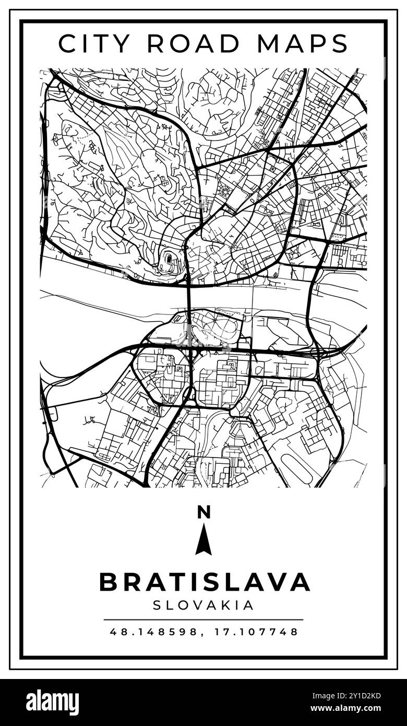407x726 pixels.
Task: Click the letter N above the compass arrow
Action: point(203,512)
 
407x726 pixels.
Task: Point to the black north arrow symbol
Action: point(203,541)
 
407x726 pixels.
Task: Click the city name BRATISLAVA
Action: point(204,582)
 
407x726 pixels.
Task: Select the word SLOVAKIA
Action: point(203,605)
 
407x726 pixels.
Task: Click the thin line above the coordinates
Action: point(203,620)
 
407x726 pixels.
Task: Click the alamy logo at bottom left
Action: point(52,702)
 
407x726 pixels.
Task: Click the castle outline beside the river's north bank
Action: point(169,260)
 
